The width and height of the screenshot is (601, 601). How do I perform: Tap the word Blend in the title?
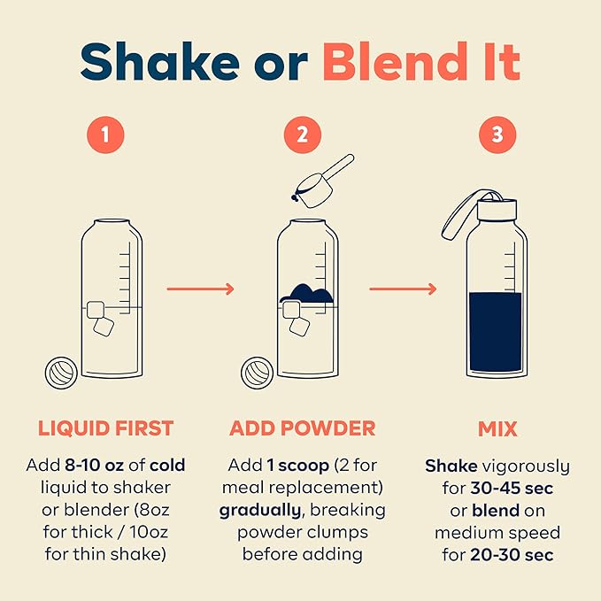click(x=397, y=61)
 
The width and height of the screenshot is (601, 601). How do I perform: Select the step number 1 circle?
click(x=105, y=135)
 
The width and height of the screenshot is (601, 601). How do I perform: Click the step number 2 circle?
click(x=303, y=135)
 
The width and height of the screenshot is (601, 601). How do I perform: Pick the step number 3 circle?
click(x=497, y=135)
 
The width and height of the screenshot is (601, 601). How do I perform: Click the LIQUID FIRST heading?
click(x=105, y=429)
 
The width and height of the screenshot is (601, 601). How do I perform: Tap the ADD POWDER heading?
click(x=303, y=429)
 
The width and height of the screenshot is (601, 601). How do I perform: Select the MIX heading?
click(x=497, y=429)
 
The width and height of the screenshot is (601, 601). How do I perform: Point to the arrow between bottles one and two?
click(x=200, y=289)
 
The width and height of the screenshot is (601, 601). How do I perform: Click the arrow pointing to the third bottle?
click(x=403, y=289)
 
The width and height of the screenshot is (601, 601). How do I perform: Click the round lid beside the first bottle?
click(x=63, y=373)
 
